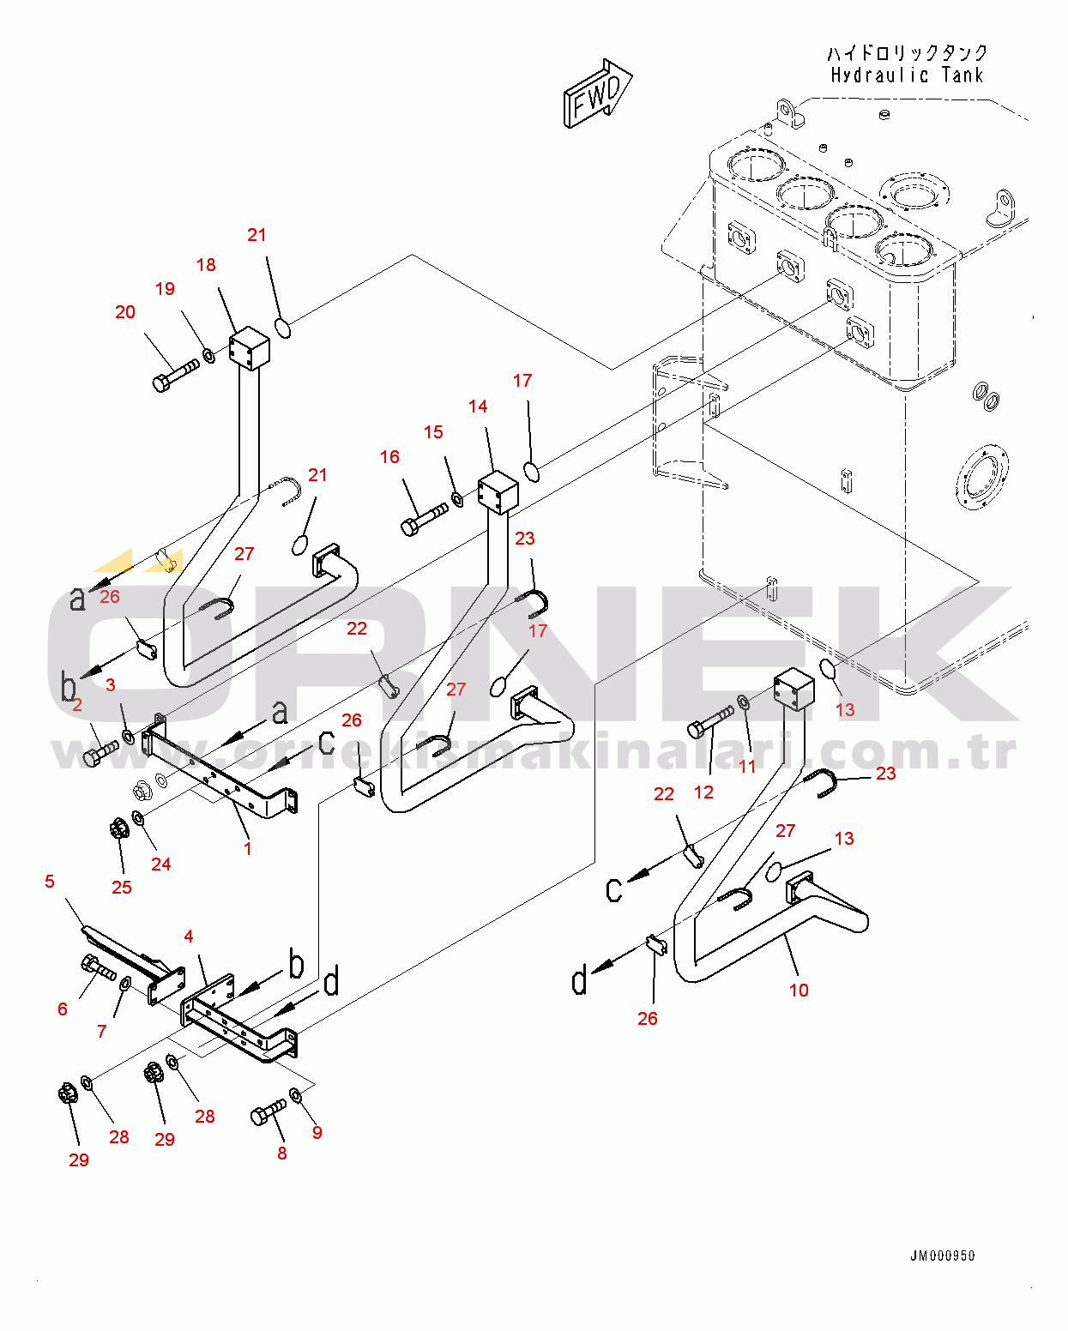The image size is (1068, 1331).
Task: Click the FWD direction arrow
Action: pyautogui.click(x=597, y=94)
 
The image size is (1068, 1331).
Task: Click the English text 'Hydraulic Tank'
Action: pyautogui.click(x=907, y=75)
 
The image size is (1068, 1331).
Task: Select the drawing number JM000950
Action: pyautogui.click(x=942, y=1256)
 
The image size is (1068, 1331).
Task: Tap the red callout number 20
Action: pyautogui.click(x=125, y=312)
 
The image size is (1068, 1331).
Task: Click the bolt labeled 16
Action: pyautogui.click(x=424, y=518)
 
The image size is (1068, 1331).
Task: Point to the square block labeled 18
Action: pyautogui.click(x=250, y=347)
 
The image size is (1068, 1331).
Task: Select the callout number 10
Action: pyautogui.click(x=799, y=990)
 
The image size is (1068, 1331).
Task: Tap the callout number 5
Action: pyautogui.click(x=50, y=882)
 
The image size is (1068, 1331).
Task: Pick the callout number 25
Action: pyautogui.click(x=122, y=887)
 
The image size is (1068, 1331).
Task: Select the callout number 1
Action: pyautogui.click(x=248, y=848)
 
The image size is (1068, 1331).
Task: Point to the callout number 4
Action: pyautogui.click(x=189, y=936)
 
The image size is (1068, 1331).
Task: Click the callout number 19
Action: pyautogui.click(x=165, y=289)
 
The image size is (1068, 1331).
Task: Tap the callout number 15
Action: pyautogui.click(x=433, y=432)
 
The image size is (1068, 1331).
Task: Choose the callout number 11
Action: pyautogui.click(x=747, y=766)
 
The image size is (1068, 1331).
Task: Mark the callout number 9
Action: pyautogui.click(x=317, y=1132)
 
